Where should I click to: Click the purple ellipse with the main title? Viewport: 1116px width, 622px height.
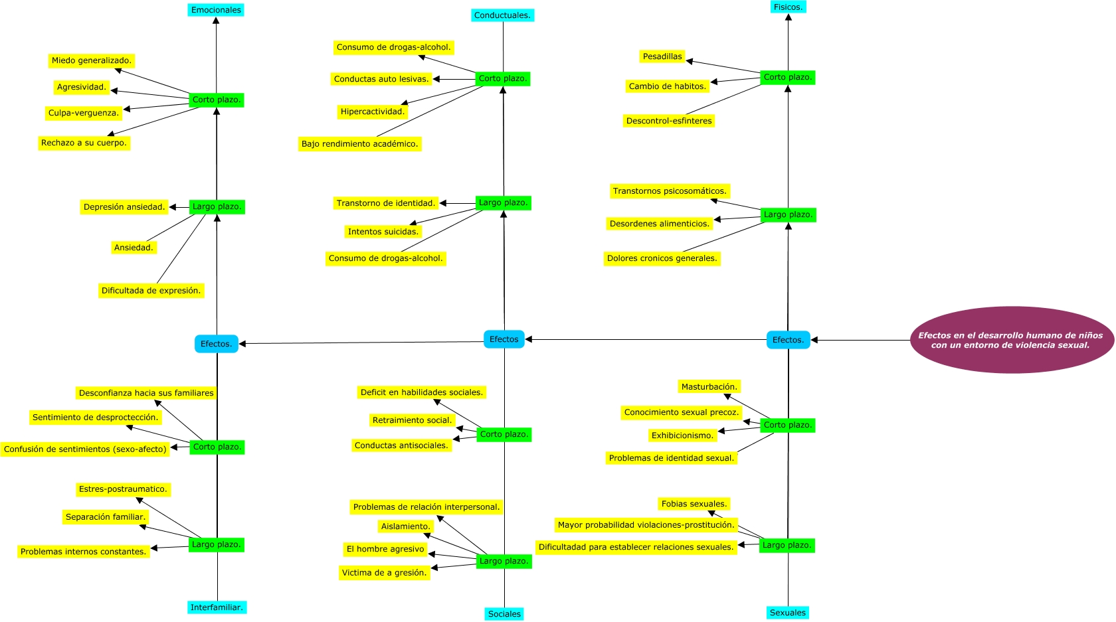click(1011, 340)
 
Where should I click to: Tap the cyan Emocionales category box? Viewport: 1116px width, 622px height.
click(216, 10)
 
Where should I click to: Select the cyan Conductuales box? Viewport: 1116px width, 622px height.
click(502, 15)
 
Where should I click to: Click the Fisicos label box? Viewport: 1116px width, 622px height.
click(788, 7)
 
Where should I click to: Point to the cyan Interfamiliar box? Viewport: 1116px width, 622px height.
click(217, 607)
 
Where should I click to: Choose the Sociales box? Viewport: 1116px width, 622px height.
click(504, 614)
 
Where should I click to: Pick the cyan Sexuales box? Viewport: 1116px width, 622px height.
click(788, 613)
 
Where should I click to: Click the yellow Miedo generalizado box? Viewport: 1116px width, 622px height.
click(92, 60)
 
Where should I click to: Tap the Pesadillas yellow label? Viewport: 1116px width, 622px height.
click(662, 56)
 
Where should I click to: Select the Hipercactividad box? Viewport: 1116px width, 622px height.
click(373, 112)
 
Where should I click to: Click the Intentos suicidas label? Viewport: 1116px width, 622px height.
click(383, 232)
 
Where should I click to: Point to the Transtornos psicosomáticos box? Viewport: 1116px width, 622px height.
click(670, 191)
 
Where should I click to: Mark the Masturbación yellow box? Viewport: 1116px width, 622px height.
click(709, 387)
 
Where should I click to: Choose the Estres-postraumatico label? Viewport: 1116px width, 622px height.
click(123, 489)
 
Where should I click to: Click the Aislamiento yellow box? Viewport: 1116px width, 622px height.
click(405, 526)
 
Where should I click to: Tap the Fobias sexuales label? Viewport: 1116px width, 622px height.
click(694, 504)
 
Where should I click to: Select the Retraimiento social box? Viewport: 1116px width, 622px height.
click(412, 420)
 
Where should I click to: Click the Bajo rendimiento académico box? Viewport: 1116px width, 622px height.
click(359, 144)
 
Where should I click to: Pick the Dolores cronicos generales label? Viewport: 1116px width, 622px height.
click(662, 258)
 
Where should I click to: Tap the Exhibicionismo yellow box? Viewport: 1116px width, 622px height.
click(683, 435)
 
